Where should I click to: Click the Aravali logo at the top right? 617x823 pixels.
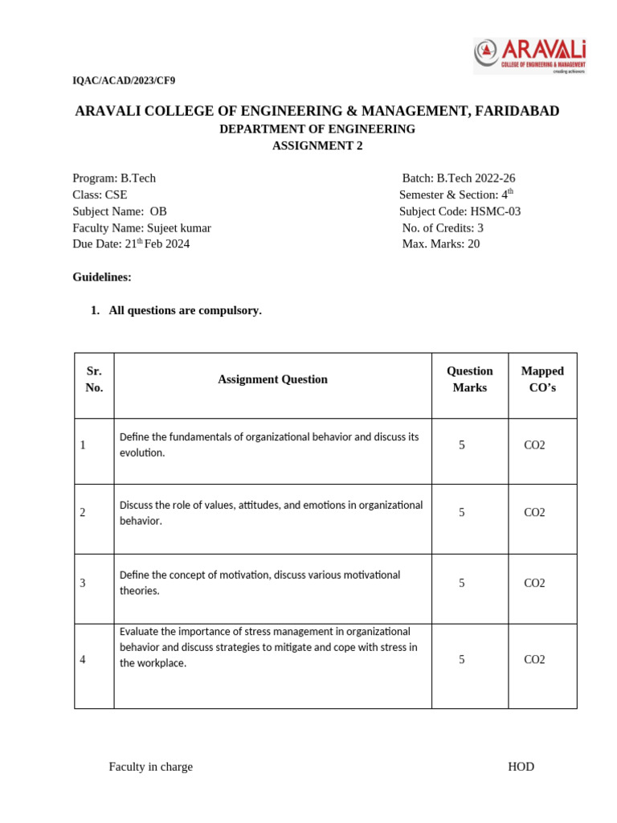(x=529, y=55)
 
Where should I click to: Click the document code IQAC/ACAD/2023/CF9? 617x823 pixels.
(x=123, y=80)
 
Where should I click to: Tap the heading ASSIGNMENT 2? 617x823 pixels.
(x=317, y=145)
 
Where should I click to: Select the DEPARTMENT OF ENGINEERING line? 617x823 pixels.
(x=317, y=129)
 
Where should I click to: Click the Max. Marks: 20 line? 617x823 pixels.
(x=441, y=244)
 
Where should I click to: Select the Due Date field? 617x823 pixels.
(x=131, y=244)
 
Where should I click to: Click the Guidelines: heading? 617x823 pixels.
(x=102, y=277)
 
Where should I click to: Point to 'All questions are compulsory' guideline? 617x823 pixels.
(x=185, y=310)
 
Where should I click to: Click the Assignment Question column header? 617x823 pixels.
(x=272, y=379)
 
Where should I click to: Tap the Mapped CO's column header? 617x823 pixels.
(x=542, y=379)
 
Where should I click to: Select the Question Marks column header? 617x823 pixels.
(x=470, y=379)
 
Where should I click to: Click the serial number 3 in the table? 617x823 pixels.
(x=84, y=583)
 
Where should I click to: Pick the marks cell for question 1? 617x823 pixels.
(x=462, y=444)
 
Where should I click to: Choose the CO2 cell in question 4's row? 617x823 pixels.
(x=534, y=660)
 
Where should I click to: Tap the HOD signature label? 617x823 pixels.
(x=521, y=767)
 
